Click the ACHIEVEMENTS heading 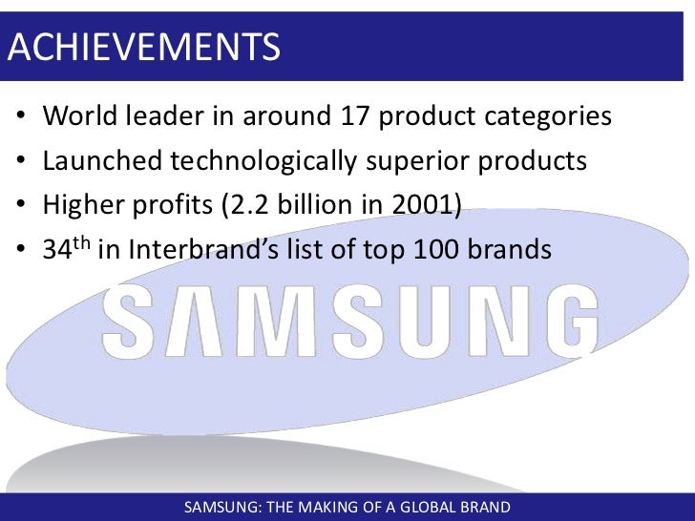pyautogui.click(x=143, y=46)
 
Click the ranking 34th pyautogui.click(x=67, y=248)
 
